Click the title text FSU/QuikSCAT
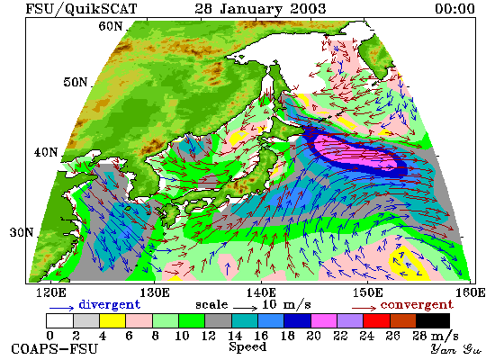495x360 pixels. pos(81,8)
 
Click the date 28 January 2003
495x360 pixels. pos(260,8)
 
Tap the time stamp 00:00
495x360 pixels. pos(454,8)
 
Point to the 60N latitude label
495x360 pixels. pos(110,26)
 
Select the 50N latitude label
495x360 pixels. pos(75,82)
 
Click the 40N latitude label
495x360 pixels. pos(46,152)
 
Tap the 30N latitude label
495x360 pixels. pos(22,232)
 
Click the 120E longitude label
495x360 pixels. pos(50,292)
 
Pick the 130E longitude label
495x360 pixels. pos(155,292)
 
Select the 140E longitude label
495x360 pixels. pos(261,292)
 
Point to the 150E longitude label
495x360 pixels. pos(367,292)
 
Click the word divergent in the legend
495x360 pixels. pos(109,305)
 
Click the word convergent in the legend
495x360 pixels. pos(417,305)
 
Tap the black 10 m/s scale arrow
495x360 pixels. pos(246,308)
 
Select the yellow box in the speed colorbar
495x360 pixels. pos(112,320)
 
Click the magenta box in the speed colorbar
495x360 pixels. pos(324,320)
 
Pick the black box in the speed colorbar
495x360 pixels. pos(433,320)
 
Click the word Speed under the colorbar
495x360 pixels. pos(247,346)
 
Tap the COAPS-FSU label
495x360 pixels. pos(54,349)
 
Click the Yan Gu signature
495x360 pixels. pos(455,349)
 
